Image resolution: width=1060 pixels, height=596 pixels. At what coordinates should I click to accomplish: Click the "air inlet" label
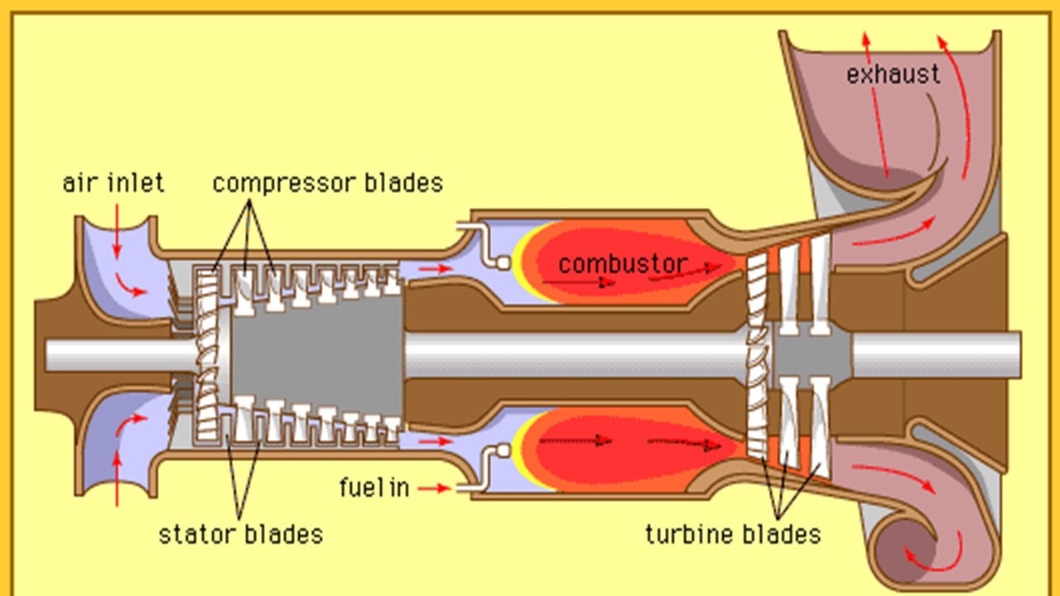click(x=113, y=183)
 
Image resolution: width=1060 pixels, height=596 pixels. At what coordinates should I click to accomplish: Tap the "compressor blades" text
click(x=328, y=183)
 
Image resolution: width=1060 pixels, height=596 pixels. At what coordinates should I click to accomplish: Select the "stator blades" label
click(x=240, y=534)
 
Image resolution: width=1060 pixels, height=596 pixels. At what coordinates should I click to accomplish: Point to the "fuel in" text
click(x=374, y=488)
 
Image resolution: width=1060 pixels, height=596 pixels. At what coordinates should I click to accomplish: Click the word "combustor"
click(x=623, y=264)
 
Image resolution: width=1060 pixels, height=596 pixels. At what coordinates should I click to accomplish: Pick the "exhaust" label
click(x=894, y=74)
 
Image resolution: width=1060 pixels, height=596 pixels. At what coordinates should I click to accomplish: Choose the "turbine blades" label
click(x=733, y=534)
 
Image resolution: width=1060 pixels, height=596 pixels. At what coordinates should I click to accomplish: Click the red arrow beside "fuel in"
click(x=435, y=488)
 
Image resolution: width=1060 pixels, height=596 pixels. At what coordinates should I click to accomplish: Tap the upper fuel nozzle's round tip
click(x=501, y=262)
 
